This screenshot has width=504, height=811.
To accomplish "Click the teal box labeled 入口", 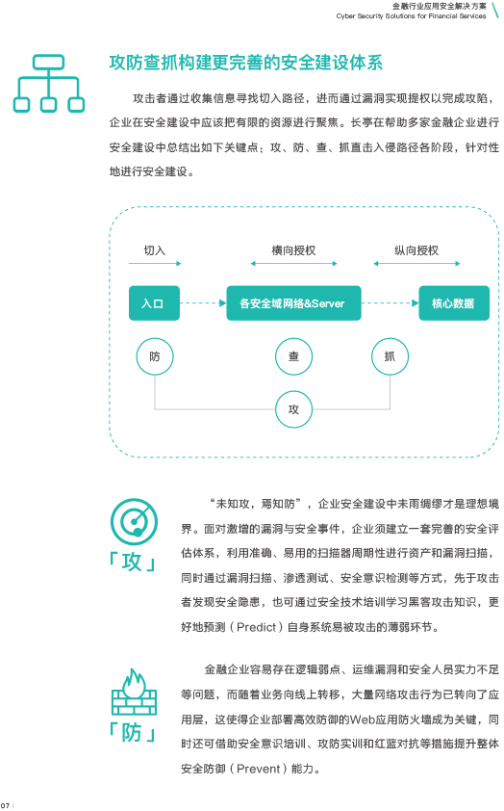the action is tap(154, 303).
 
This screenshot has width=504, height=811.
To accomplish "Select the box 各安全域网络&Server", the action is tap(293, 303).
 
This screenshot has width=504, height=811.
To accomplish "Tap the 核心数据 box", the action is tap(453, 303).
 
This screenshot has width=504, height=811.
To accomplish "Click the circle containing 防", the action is tap(155, 356).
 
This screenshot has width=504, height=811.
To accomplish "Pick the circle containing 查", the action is tap(293, 356).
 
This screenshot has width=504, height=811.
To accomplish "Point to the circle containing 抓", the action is tap(390, 356).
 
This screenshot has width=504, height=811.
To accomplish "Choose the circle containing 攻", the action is tap(293, 409).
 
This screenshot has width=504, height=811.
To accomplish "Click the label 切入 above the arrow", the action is tap(155, 250).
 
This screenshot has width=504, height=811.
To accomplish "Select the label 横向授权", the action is tap(293, 250).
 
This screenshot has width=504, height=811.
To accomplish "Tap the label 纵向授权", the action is tap(416, 250).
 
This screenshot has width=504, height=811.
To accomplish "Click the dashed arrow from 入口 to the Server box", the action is tap(203, 303).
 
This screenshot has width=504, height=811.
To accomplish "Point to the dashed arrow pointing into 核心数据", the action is tap(390, 303).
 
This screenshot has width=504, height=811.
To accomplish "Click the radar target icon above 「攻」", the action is tap(135, 521).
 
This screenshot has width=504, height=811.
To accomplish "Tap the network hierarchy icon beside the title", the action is tap(48, 83).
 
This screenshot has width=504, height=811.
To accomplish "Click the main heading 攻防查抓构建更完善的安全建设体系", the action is tap(246, 63).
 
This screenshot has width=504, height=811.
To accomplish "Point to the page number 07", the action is tap(5, 805).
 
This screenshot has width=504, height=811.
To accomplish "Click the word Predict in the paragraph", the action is tap(256, 627).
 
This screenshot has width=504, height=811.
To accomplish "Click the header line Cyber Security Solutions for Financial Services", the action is tap(411, 16).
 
